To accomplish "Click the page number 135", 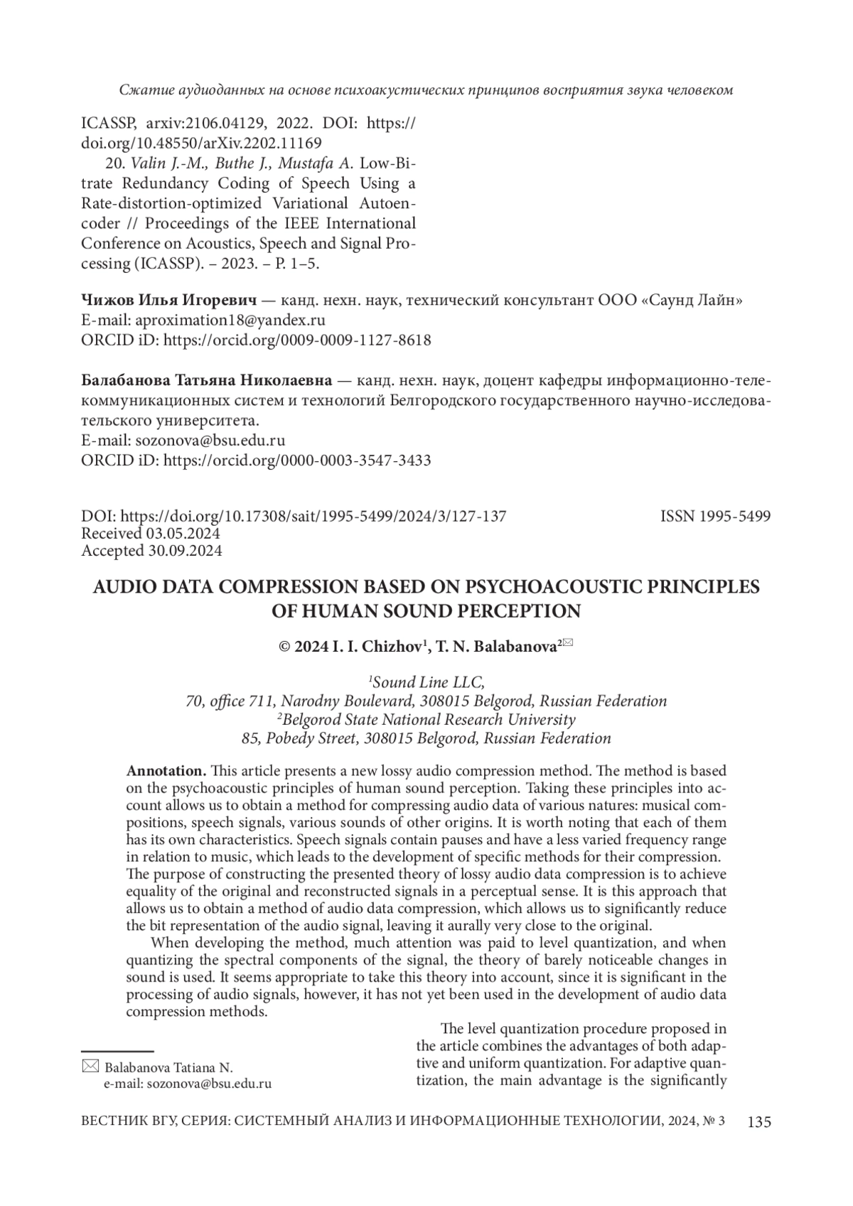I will tap(758, 1122).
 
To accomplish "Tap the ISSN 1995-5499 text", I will tap(715, 517).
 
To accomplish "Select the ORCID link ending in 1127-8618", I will tap(297, 340).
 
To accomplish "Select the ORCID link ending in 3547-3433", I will tap(297, 461).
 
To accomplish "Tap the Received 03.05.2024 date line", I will tap(151, 534).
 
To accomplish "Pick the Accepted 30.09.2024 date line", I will tap(151, 551).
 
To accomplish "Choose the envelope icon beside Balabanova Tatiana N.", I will tap(90, 1066).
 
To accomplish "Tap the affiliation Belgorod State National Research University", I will tap(428, 719).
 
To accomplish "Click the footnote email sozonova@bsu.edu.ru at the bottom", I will tap(188, 1084).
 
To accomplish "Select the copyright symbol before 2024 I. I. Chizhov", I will tap(284, 647).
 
